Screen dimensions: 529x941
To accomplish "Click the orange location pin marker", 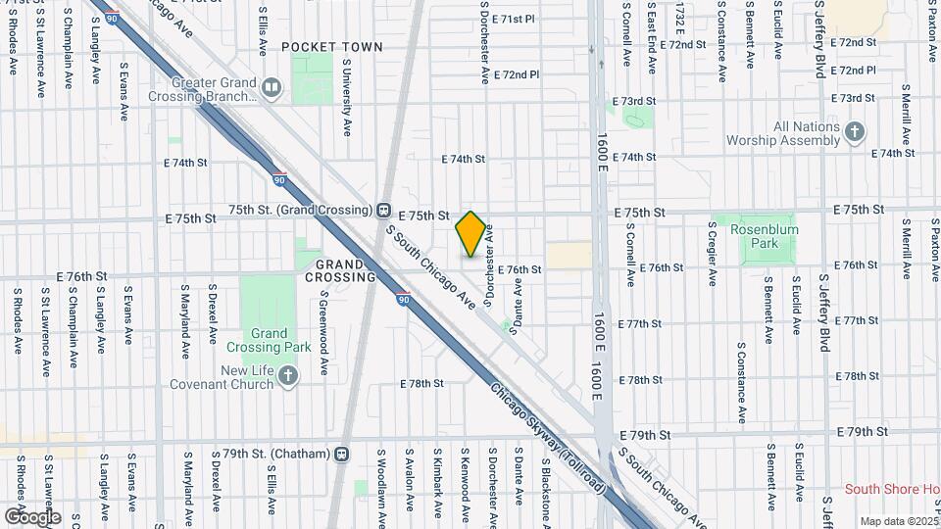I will coord(470,233).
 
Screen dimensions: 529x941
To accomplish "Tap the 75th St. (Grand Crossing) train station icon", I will coord(384,211).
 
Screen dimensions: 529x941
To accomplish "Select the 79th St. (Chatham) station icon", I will coord(341,454).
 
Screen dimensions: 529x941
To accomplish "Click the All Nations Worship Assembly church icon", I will coord(855,132).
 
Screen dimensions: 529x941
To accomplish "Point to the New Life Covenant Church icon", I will coord(287,375).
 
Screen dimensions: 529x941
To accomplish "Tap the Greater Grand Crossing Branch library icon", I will coord(272,90).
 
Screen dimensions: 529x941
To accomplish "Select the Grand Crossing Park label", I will coord(269,340).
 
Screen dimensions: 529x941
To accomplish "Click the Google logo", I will coord(32,516).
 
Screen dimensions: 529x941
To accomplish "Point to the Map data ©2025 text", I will coord(899,521).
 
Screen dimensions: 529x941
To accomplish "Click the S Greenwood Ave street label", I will coord(323,338).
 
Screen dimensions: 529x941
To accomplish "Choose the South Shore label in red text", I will coord(892,489).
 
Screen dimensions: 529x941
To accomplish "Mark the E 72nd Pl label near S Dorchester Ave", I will coord(517,74).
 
